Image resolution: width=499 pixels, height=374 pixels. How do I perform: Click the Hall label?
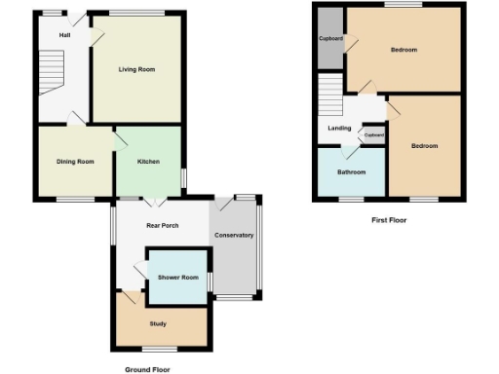(64, 35)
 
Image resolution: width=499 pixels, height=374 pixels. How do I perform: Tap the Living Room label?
(136, 69)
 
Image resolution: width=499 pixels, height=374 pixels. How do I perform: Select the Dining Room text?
(75, 161)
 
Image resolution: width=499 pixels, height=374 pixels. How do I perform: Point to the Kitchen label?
(147, 161)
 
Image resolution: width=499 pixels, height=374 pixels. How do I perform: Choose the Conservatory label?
(234, 235)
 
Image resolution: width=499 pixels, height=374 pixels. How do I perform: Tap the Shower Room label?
(177, 278)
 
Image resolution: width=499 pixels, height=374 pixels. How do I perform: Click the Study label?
(158, 322)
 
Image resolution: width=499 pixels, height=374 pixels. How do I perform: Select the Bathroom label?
(351, 172)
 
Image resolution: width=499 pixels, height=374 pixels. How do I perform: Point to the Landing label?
(339, 128)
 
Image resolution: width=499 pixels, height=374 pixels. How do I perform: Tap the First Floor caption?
(389, 220)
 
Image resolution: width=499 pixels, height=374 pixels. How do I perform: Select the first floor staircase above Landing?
(329, 96)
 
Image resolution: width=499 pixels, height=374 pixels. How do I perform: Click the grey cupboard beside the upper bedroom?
(328, 39)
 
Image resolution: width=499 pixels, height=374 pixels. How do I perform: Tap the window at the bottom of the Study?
(159, 349)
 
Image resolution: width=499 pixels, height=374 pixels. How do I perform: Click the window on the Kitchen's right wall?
(183, 178)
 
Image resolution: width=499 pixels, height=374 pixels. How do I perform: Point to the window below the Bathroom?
(351, 200)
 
